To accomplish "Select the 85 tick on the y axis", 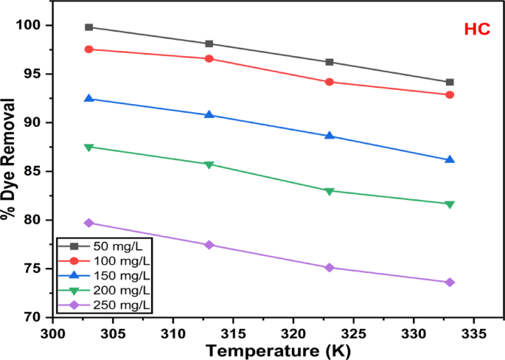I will coord(35,171).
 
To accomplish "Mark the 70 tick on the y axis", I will coord(35,317).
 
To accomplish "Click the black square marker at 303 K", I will coord(89,27).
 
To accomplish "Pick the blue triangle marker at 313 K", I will coord(209,114).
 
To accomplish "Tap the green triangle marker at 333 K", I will coord(450,204).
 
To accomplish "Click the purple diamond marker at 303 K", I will coord(89,223).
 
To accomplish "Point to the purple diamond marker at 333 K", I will coord(450,283).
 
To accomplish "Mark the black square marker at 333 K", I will coord(450,82).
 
